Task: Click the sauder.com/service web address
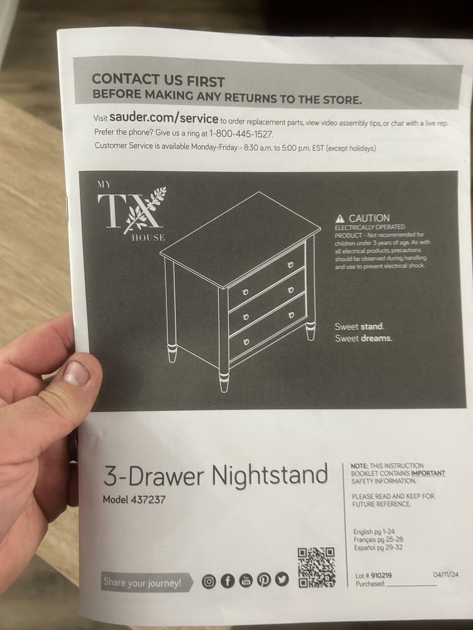[x=164, y=118]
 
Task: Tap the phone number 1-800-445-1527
[x=241, y=134]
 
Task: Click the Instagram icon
[x=209, y=582]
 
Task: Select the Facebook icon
[x=227, y=581]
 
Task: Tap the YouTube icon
[x=246, y=581]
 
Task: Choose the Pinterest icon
[x=264, y=580]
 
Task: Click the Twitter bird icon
[x=282, y=580]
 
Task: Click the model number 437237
[x=148, y=500]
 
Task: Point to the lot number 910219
[x=381, y=576]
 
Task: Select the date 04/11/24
[x=446, y=574]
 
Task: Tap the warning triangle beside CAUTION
[x=340, y=219]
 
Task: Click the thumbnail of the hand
[x=77, y=373]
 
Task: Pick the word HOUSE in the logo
[x=148, y=238]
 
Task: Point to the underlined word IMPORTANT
[x=428, y=473]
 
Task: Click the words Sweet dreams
[x=363, y=338]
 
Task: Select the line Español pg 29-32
[x=378, y=547]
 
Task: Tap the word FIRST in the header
[x=206, y=82]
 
